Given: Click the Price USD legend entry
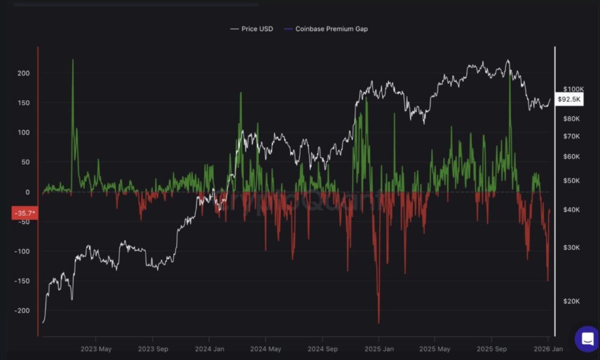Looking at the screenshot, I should click(x=251, y=29).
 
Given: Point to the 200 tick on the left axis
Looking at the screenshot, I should click(x=23, y=73).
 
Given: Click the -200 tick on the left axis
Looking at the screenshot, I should click(x=22, y=311).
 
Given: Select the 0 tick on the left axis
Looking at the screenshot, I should click(x=27, y=192).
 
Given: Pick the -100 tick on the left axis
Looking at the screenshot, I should click(x=22, y=252).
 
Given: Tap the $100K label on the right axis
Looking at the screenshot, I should click(x=571, y=89).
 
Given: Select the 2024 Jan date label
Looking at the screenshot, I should click(x=209, y=348).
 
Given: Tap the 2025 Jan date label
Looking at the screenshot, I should click(x=379, y=348).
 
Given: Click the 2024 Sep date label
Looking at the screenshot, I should click(x=322, y=348).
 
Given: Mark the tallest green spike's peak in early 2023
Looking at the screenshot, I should click(x=73, y=60).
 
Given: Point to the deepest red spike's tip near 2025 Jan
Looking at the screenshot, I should click(x=379, y=323).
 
